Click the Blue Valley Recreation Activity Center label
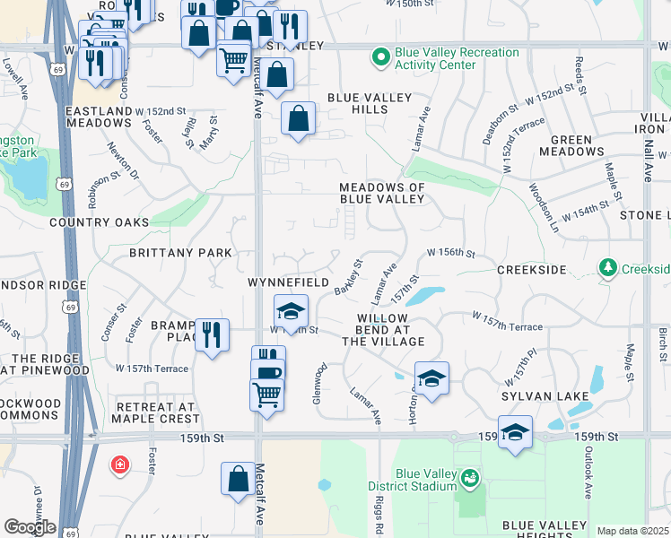457,58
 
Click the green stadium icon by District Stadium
469,480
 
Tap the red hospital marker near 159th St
118,464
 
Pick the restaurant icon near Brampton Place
212,335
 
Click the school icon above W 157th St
291,311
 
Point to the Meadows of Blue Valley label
381,193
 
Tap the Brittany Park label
180,253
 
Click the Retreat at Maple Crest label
156,412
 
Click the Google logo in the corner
30,527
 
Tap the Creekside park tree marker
607,268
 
